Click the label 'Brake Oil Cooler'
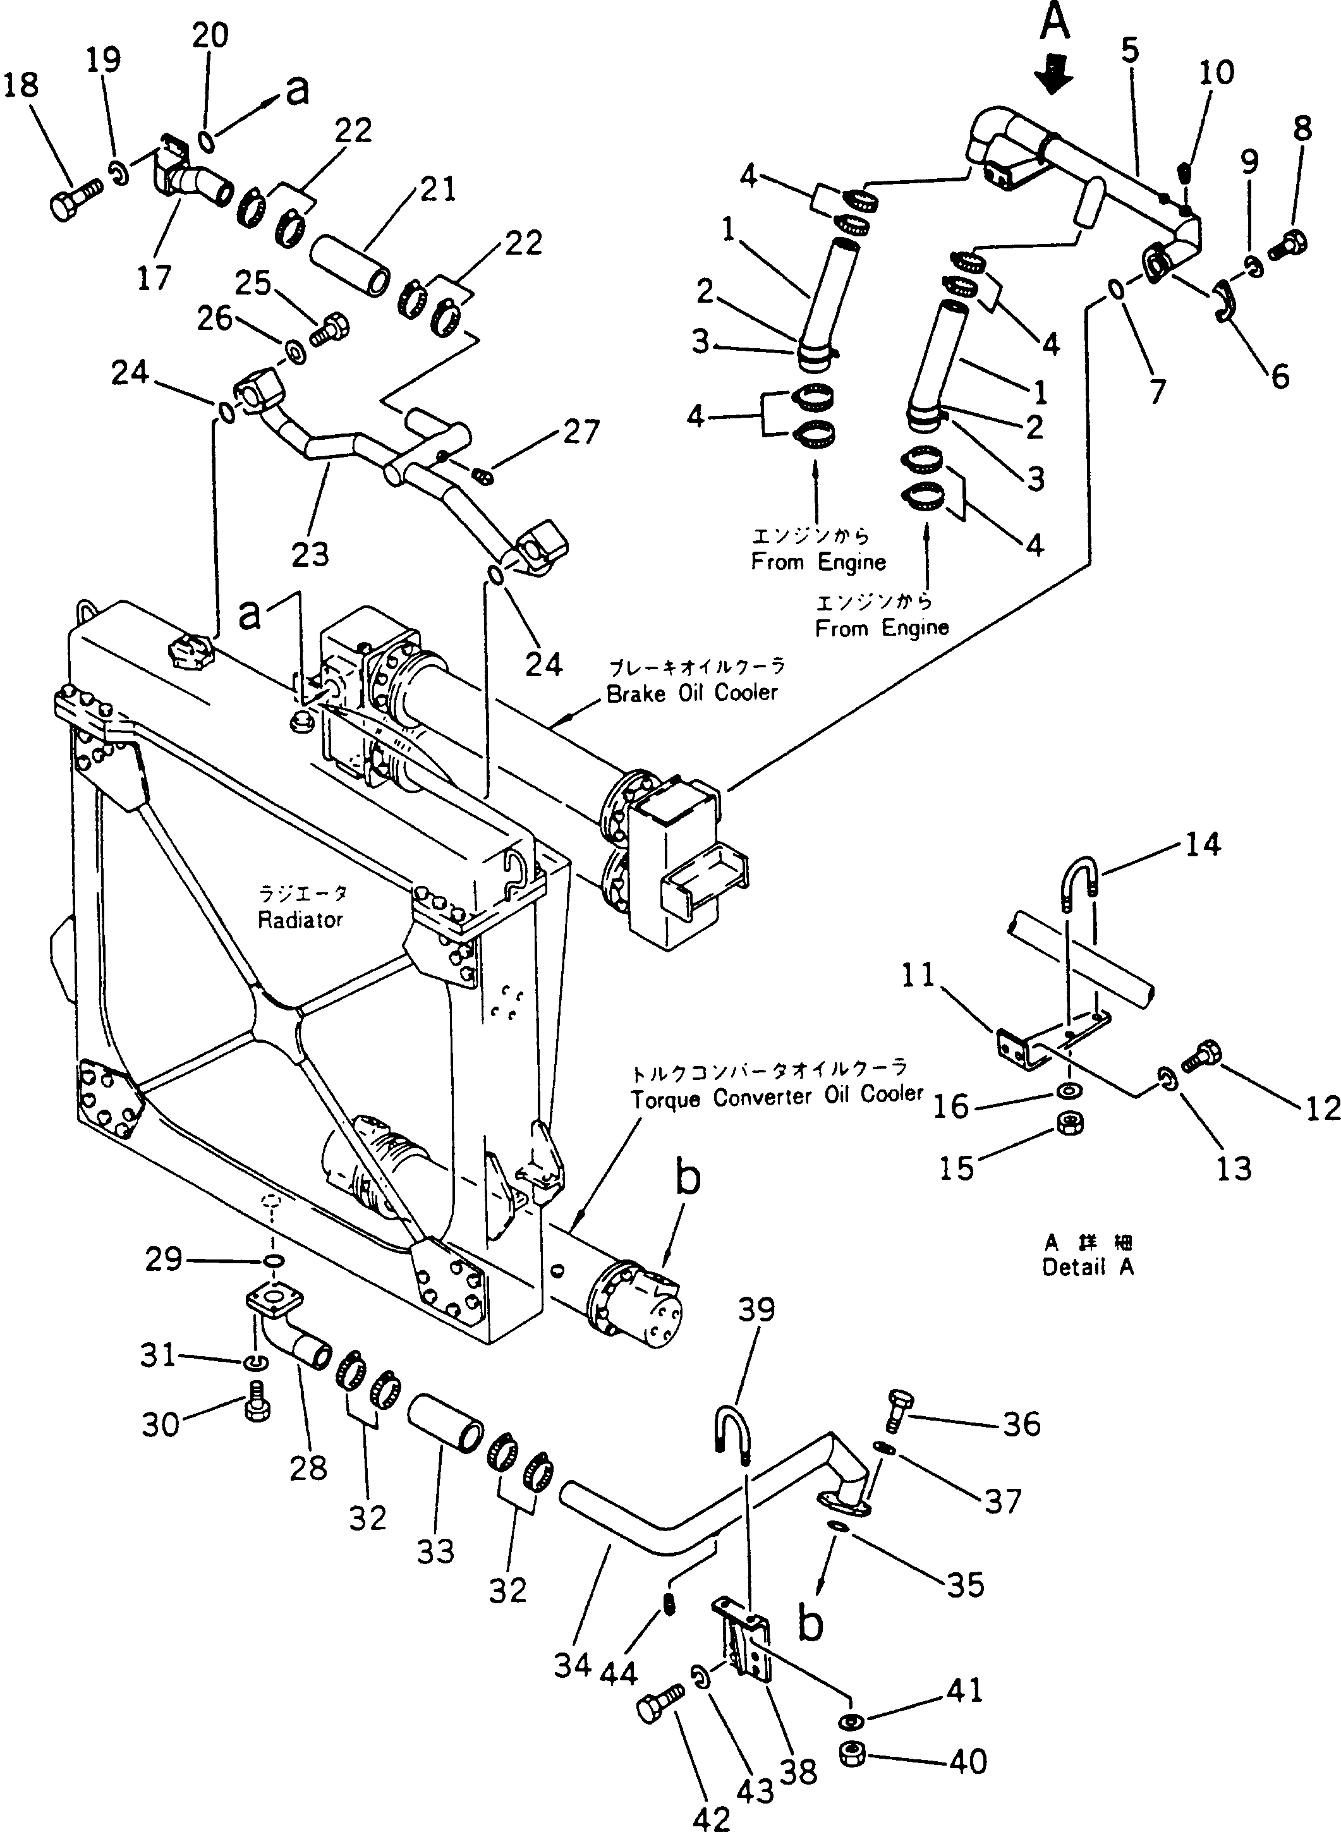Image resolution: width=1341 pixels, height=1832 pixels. [x=693, y=693]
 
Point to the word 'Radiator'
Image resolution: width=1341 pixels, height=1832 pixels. [x=300, y=919]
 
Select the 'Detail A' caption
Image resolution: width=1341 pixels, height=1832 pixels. [x=1088, y=1266]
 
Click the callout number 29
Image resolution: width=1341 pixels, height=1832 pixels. [x=164, y=1259]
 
